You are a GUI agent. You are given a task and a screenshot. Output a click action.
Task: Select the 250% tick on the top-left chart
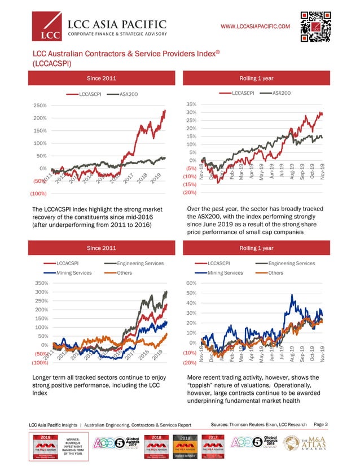39,105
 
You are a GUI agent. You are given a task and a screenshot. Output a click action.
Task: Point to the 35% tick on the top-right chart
190,104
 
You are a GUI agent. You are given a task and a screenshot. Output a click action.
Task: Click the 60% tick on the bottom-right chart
190,283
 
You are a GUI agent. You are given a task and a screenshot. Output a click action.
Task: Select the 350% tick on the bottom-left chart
39,283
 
